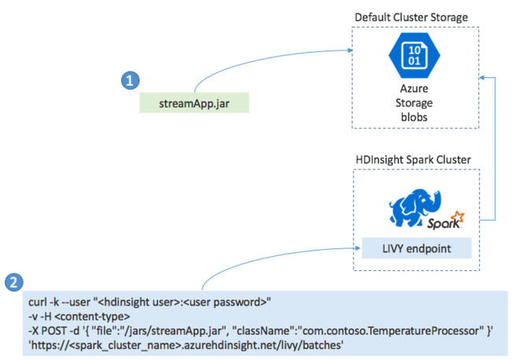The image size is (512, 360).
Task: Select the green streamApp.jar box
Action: pyautogui.click(x=195, y=102)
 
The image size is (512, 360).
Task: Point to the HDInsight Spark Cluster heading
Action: pyautogui.click(x=413, y=159)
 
